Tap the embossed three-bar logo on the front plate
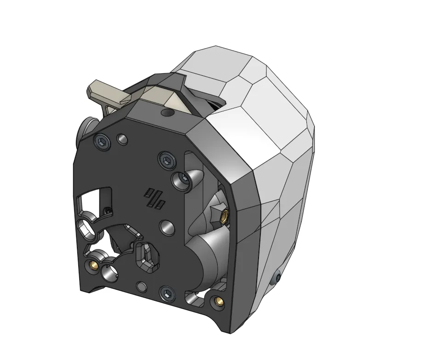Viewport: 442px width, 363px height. click(x=155, y=198)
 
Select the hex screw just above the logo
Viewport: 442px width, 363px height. click(x=167, y=160)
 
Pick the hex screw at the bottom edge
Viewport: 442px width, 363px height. click(x=166, y=293)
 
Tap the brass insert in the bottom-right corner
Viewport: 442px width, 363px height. click(x=218, y=301)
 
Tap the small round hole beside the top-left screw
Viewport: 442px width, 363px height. click(x=122, y=139)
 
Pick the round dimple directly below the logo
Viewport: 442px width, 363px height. click(x=166, y=226)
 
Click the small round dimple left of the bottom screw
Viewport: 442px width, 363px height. click(x=142, y=287)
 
